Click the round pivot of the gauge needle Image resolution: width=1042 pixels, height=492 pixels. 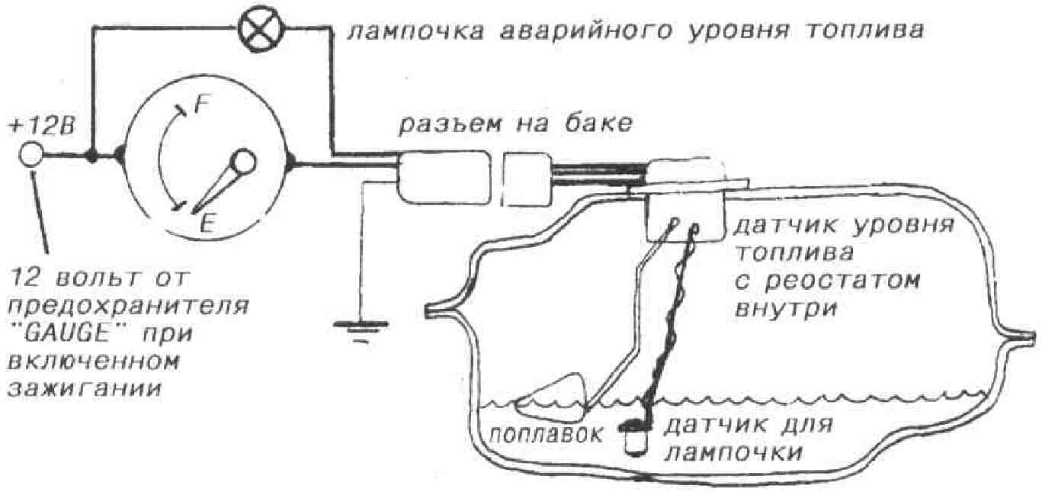tap(243, 161)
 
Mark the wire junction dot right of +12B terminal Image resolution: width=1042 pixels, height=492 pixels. tap(92, 156)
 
